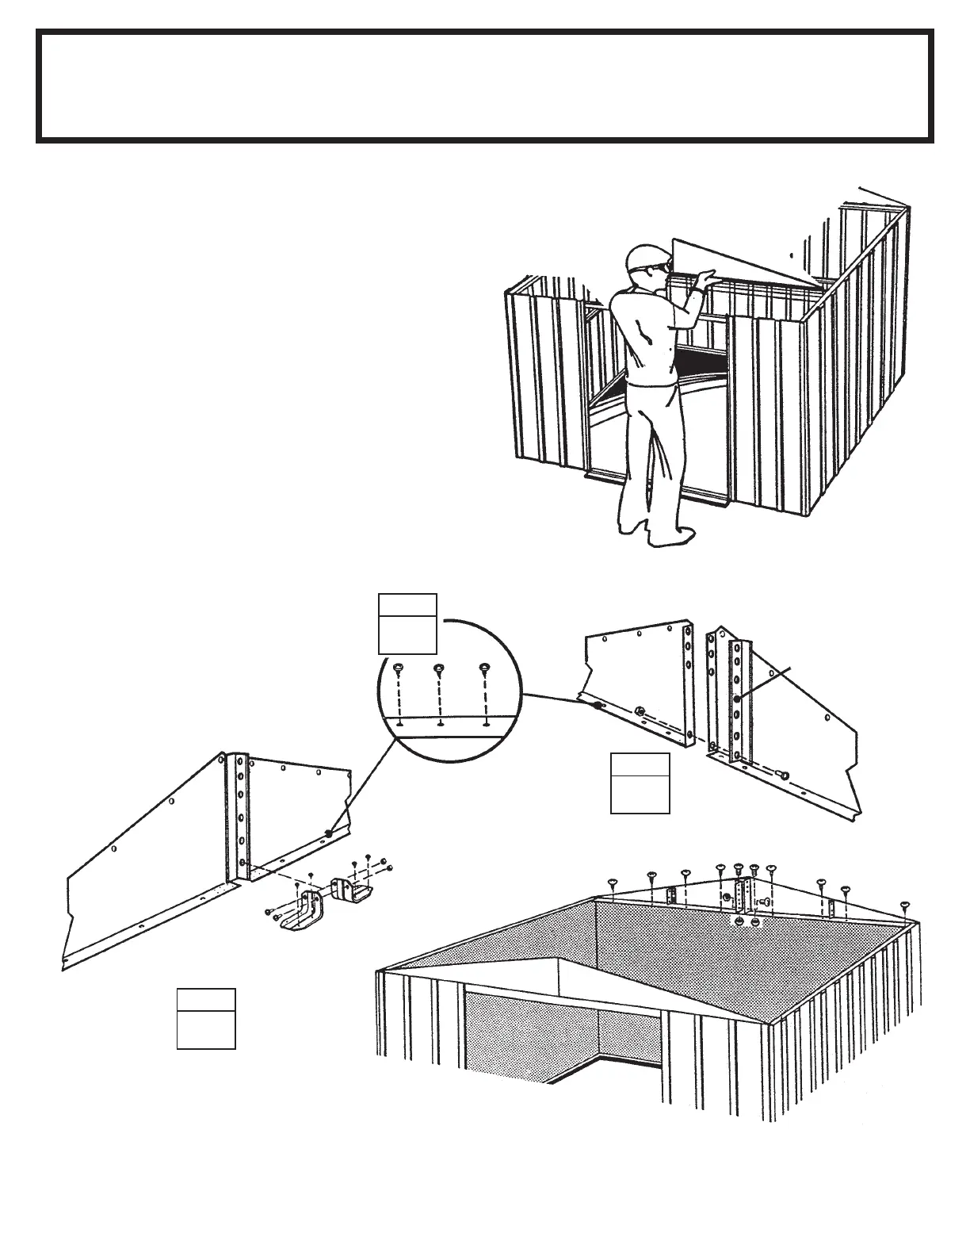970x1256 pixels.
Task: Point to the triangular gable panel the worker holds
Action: tap(745, 262)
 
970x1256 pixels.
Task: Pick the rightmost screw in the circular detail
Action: tap(483, 670)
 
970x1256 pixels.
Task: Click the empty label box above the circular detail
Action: tap(407, 622)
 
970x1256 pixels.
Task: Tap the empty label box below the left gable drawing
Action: tap(206, 1019)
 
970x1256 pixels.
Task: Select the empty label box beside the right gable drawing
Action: tap(640, 783)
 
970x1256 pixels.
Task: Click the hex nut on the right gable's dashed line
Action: tap(637, 711)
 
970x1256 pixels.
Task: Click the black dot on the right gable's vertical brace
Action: tap(738, 697)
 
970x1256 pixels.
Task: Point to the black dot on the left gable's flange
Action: tap(327, 833)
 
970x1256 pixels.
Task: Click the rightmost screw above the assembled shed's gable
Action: tap(904, 905)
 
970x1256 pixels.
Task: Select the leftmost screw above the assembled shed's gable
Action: tap(612, 882)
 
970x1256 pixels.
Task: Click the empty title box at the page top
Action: tap(485, 86)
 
